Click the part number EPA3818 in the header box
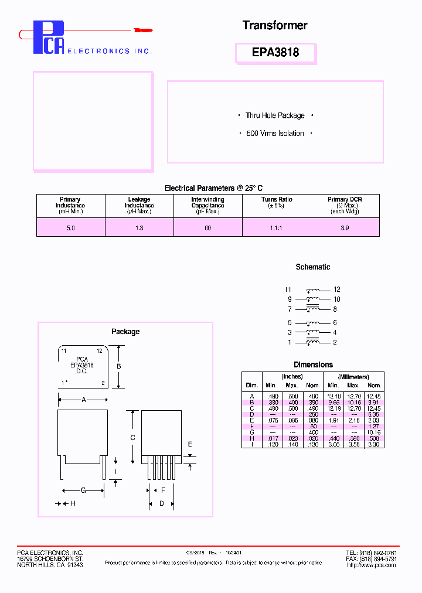(275, 52)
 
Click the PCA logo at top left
(48, 38)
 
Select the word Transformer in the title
(275, 25)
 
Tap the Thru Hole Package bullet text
(275, 115)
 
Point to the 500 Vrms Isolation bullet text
(275, 134)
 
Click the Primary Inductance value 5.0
(70, 227)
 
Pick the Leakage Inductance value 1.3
(139, 227)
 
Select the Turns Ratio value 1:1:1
(276, 227)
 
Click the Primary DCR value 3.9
(345, 227)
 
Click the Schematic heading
(312, 267)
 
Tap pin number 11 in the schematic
(288, 289)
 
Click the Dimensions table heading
(313, 364)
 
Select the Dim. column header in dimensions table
(251, 385)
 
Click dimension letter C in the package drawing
(133, 438)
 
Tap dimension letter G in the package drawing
(83, 490)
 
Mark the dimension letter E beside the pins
(190, 445)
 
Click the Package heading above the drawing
(125, 332)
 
